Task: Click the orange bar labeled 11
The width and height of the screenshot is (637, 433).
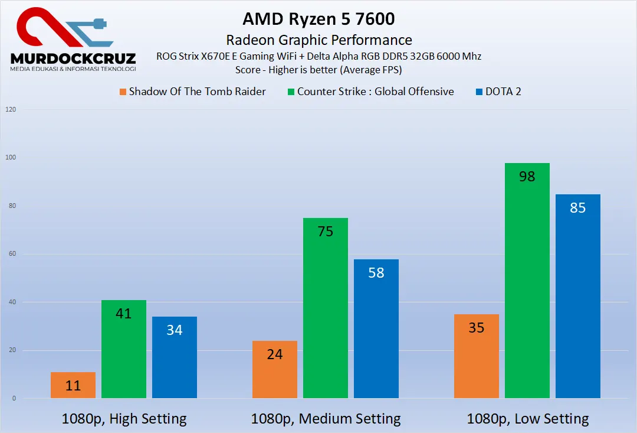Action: [x=73, y=385]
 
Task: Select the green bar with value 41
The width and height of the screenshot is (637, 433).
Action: [x=124, y=349]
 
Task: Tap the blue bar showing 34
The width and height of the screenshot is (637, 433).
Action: [x=175, y=357]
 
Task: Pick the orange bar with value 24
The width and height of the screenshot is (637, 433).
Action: [x=275, y=369]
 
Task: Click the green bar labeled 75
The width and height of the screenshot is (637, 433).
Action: [x=326, y=308]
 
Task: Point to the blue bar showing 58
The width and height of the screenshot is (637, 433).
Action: [x=376, y=328]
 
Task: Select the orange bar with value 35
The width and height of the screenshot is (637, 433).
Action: [x=477, y=356]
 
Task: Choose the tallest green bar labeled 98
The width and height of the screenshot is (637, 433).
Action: [x=527, y=281]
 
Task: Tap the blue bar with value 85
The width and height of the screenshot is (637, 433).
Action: [x=578, y=296]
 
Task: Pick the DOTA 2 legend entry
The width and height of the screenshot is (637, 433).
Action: [x=498, y=92]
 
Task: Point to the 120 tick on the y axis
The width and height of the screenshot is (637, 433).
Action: [x=11, y=110]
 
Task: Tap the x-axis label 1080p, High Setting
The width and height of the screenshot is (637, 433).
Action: [x=124, y=419]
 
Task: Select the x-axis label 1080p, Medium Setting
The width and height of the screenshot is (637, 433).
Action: [x=326, y=419]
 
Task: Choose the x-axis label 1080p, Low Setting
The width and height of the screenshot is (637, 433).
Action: [x=527, y=419]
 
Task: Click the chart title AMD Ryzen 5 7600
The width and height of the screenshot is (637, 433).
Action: [x=318, y=19]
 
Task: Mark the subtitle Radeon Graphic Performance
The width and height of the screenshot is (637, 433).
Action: [x=318, y=40]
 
